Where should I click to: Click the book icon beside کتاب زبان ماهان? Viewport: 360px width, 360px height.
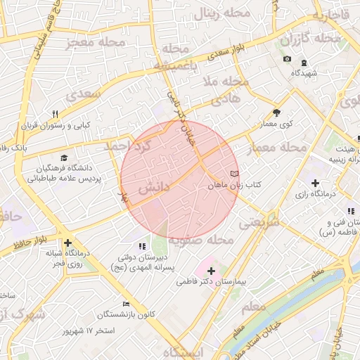[234, 173]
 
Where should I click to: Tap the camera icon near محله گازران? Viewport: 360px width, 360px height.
[287, 58]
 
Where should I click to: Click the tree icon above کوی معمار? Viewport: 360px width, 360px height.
[276, 112]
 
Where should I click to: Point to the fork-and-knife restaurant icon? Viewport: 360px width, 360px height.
[55, 114]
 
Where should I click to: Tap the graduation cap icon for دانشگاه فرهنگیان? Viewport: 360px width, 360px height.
[65, 158]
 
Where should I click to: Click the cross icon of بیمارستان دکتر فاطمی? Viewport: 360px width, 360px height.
[211, 270]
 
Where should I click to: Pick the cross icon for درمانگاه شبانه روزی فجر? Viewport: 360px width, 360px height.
[67, 243]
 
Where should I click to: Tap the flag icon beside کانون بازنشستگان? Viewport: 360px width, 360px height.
[126, 303]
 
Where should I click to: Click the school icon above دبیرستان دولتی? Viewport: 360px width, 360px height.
[143, 246]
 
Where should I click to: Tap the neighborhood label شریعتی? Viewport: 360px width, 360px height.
[259, 221]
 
